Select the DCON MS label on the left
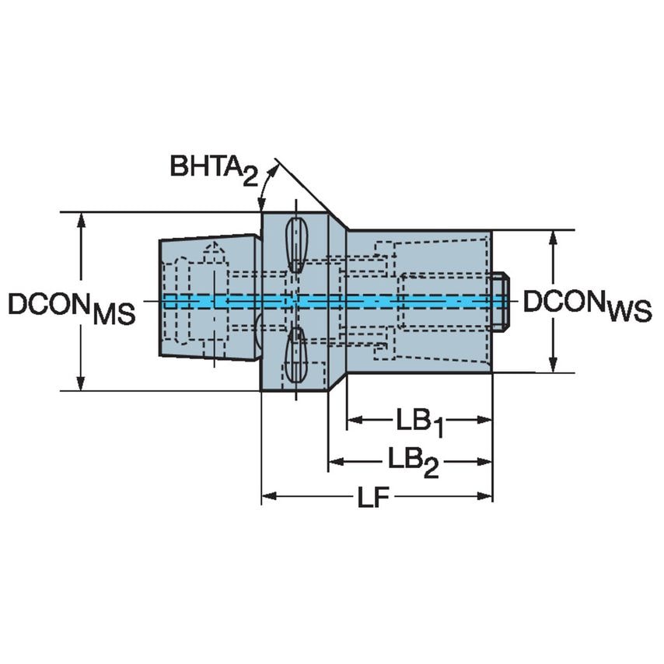pos(72,307)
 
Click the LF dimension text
pos(374,498)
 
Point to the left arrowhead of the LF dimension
pos(268,496)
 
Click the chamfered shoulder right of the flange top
pos(337,222)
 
